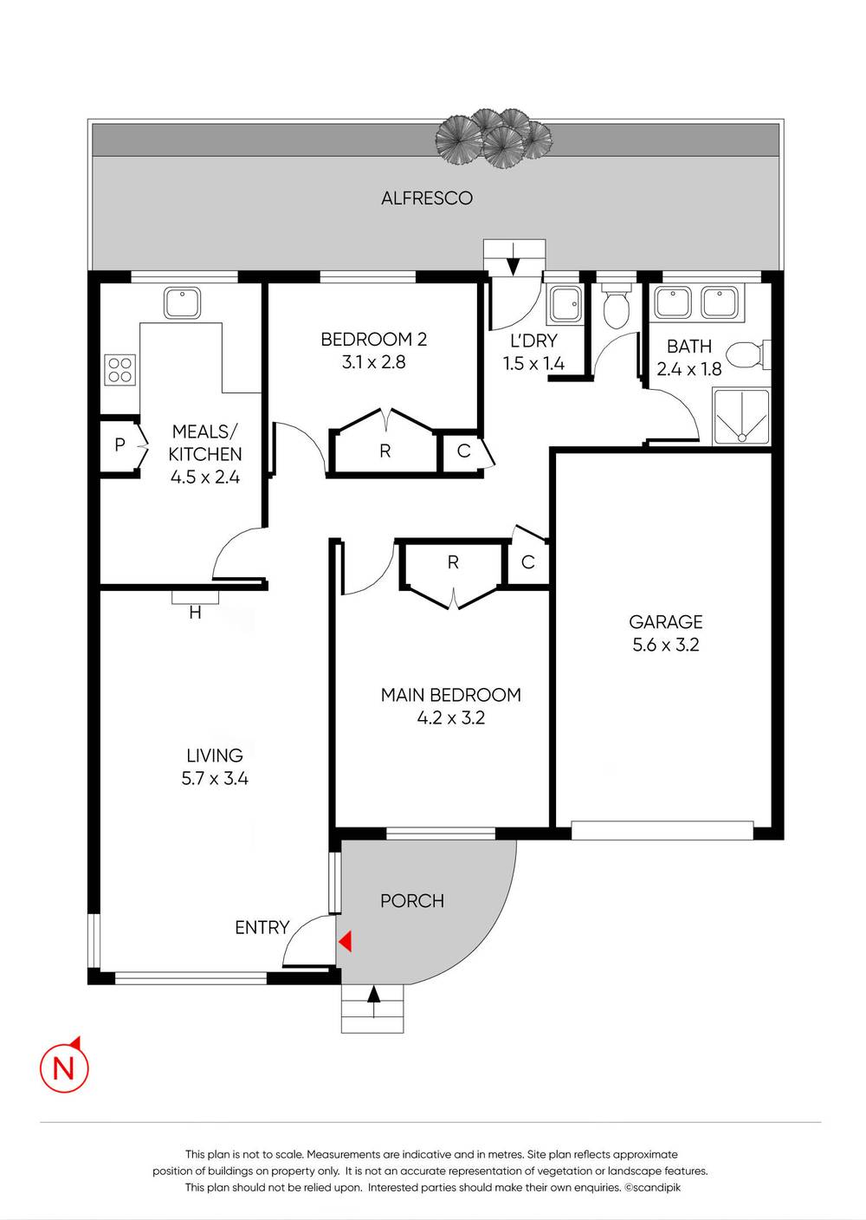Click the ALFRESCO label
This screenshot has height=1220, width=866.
427,198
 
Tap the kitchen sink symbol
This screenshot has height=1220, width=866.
182,303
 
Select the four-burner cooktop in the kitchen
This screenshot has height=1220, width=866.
120,370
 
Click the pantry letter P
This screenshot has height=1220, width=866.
120,445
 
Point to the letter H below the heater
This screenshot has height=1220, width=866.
195,613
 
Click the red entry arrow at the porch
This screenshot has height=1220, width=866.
345,941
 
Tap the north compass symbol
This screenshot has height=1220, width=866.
64,1066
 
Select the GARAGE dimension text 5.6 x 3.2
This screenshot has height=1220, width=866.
665,645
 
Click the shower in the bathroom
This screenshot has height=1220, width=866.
741,417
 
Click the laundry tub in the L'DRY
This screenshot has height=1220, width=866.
565,303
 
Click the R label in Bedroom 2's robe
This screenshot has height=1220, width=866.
385,451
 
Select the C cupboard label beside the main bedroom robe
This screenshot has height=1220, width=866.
527,563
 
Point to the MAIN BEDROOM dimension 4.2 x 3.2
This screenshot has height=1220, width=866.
450,718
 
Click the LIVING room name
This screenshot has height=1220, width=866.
215,756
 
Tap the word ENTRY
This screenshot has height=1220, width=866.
262,928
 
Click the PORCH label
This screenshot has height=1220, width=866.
412,901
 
